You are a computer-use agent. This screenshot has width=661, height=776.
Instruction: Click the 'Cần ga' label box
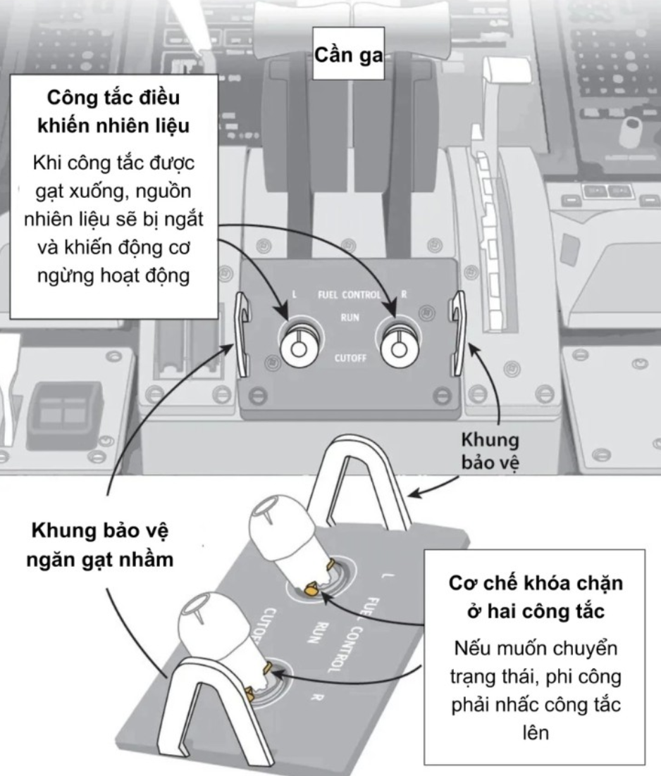pos(348,54)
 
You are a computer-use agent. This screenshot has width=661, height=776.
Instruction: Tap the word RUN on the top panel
pos(350,317)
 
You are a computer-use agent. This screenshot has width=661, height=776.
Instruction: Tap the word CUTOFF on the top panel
pos(350,358)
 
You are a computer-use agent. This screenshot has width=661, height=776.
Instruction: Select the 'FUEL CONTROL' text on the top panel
pos(349,295)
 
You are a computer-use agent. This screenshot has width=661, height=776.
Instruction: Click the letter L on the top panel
pos(295,294)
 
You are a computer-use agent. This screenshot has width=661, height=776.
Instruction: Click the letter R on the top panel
pos(404,294)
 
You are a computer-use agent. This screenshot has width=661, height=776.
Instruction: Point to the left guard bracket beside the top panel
pos(243,334)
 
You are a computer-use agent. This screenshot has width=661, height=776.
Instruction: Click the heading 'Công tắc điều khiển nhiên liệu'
pos(113,111)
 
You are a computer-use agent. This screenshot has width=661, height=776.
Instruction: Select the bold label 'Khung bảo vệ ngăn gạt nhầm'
pos(100,544)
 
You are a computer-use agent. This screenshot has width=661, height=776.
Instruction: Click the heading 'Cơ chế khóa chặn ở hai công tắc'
pos(536,597)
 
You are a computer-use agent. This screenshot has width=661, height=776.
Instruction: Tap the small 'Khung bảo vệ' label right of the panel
pos(490,451)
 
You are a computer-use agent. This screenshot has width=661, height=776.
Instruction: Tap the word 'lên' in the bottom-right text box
pos(536,732)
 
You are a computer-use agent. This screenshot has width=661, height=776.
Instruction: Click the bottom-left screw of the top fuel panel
pos(257,396)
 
